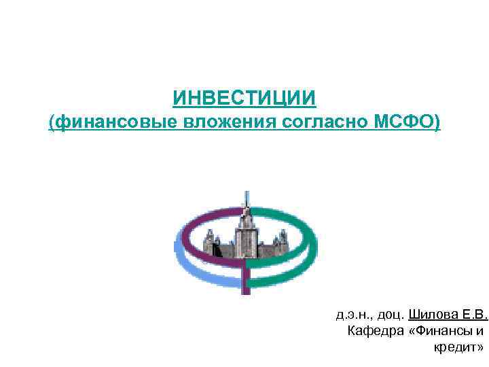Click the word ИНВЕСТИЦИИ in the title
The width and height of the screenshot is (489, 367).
[244, 99]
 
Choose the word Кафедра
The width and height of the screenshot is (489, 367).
[373, 332]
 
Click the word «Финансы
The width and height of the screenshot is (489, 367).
[439, 332]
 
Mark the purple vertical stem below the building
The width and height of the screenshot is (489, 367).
[246, 279]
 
